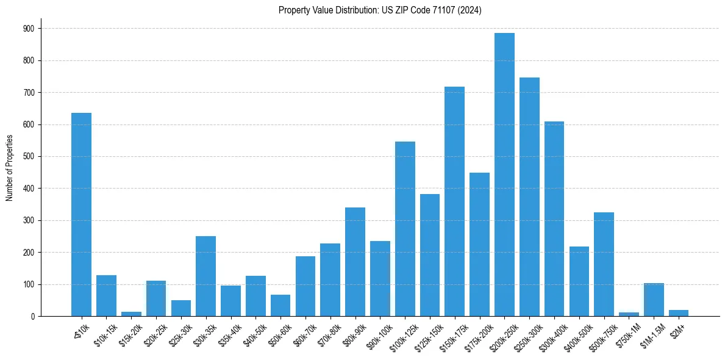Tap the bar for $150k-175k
click(x=454, y=201)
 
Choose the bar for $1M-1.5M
click(x=654, y=300)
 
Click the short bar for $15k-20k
click(x=131, y=314)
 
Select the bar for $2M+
click(x=679, y=313)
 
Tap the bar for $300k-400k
click(x=554, y=219)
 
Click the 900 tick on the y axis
click(x=29, y=29)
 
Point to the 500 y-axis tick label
click(x=29, y=157)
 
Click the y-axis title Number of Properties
click(x=9, y=167)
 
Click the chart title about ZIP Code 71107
click(x=380, y=10)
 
